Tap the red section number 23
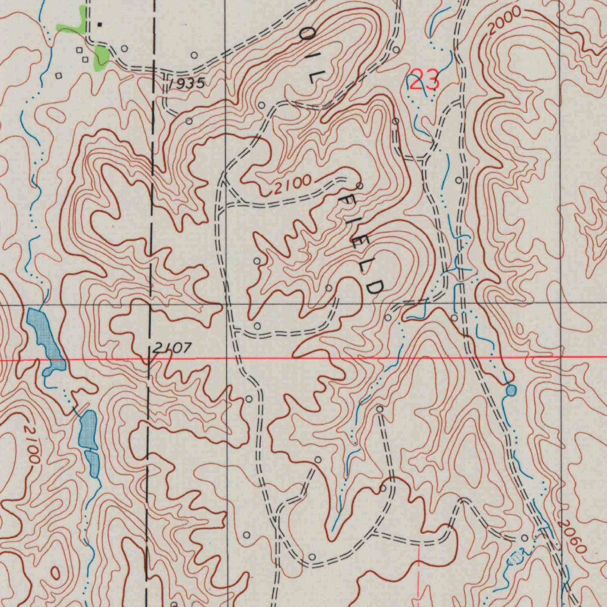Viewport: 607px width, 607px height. [x=424, y=80]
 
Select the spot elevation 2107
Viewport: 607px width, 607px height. [x=171, y=349]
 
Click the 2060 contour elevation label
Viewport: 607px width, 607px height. [x=572, y=536]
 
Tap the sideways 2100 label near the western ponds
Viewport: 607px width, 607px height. [x=31, y=443]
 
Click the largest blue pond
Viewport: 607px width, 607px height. [x=45, y=338]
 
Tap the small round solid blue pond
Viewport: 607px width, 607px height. [x=511, y=390]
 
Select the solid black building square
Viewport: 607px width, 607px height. [x=100, y=24]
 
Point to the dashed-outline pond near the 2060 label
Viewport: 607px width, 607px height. [x=516, y=557]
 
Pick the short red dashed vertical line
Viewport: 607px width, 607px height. [x=419, y=572]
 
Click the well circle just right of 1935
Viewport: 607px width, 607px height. [x=194, y=55]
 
